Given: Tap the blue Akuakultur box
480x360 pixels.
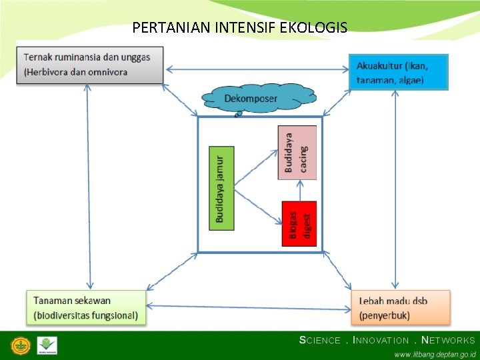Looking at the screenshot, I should tap(399, 72).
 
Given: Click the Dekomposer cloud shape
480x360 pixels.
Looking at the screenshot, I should tap(259, 99).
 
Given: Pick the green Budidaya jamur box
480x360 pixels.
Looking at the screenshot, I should tap(221, 188).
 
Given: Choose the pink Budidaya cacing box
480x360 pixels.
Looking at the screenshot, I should tap(297, 153).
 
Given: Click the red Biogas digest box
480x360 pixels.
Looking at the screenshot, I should tap(299, 223).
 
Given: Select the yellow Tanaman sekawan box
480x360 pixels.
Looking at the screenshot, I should tap(86, 307).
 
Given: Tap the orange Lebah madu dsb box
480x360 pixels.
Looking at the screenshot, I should tap(400, 307).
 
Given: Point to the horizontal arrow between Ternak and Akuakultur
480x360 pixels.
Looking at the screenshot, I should tap(257, 68).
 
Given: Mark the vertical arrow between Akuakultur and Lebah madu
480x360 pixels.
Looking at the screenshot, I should tap(395, 189).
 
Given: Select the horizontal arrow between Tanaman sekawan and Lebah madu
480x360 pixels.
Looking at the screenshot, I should tap(249, 307).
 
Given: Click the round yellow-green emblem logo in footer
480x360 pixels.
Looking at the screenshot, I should tap(21, 346).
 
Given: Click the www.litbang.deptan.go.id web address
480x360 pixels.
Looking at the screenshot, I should tap(435, 354).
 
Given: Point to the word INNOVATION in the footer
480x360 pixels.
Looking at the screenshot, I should tap(381, 340).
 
